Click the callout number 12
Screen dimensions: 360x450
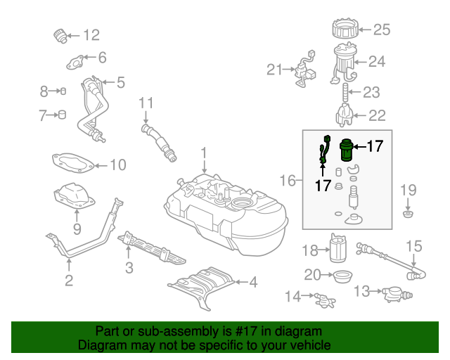[x=91, y=34]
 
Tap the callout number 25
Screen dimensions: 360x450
[x=381, y=30]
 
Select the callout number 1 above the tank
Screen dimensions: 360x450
[x=203, y=153]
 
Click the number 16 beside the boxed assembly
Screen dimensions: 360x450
[x=288, y=181]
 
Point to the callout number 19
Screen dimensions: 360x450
[x=409, y=190]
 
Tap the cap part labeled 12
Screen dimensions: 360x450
[x=60, y=34]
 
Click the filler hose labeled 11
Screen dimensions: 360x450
[x=160, y=141]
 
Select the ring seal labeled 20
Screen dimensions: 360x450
[x=342, y=275]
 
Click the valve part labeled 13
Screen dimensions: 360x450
[x=394, y=292]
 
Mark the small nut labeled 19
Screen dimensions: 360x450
[x=408, y=212]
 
